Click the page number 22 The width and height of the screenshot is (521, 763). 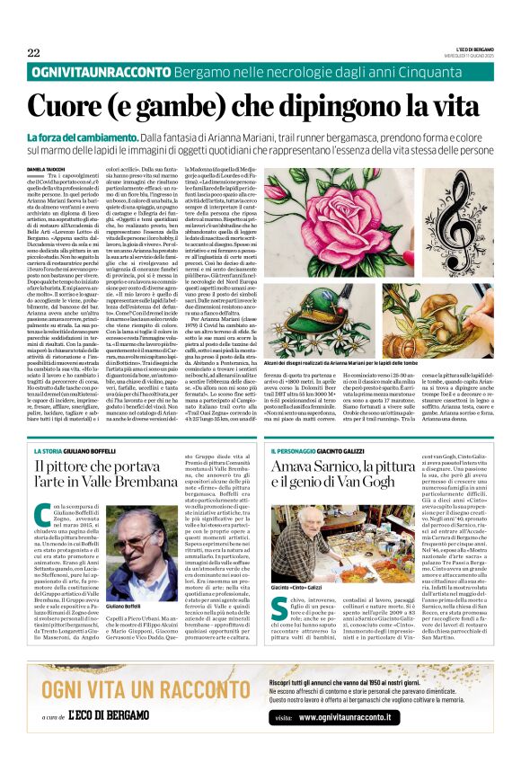coord(34,52)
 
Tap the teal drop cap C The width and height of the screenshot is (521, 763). coord(43,517)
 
